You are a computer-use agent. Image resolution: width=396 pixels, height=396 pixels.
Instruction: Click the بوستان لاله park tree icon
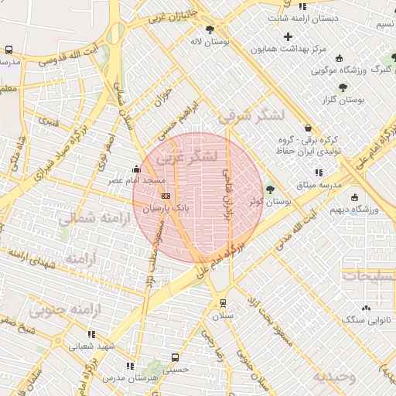point(210,29)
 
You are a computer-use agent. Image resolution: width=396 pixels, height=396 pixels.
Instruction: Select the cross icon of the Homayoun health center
point(288,36)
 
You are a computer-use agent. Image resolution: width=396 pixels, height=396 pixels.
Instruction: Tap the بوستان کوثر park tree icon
point(269,189)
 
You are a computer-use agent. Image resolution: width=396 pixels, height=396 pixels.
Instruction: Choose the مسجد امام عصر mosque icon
point(137,169)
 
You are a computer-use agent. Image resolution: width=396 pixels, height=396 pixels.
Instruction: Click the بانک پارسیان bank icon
point(166,196)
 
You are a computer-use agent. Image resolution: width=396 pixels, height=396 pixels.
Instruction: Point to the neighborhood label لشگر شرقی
point(251,116)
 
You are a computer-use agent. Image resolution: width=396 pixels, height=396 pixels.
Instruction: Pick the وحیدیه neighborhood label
point(334,377)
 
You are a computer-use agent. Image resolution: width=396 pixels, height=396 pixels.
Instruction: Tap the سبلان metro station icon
point(223,303)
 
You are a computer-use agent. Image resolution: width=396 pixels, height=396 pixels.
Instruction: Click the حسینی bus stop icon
point(176,357)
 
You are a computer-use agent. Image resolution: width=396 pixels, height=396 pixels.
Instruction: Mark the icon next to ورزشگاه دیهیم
point(355,196)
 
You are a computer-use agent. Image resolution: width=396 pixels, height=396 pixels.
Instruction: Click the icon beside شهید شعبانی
point(90,334)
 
